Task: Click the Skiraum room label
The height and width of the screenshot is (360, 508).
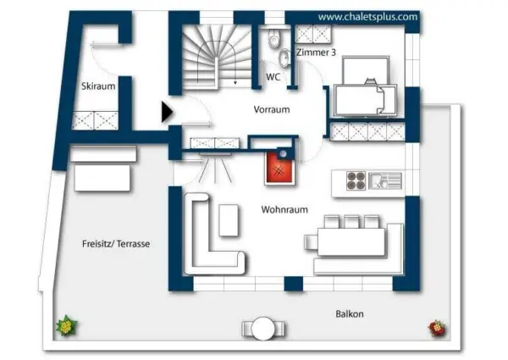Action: click(x=98, y=86)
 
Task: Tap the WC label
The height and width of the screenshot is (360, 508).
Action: click(x=273, y=77)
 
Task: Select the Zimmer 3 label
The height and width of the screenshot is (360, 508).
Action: click(x=316, y=53)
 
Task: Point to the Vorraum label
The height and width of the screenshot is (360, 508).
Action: click(x=272, y=109)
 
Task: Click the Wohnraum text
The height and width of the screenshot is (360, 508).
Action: click(x=284, y=210)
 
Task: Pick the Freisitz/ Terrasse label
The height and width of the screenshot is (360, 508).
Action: click(x=116, y=244)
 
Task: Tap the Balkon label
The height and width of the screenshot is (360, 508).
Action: click(x=349, y=314)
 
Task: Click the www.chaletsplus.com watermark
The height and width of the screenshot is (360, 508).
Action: click(x=367, y=17)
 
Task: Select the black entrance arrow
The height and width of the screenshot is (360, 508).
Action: click(x=167, y=112)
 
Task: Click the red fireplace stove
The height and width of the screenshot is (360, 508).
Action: click(x=279, y=169)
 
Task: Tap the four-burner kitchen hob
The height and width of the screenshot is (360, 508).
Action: click(x=356, y=180)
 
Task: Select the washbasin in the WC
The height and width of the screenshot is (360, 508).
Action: click(x=284, y=58)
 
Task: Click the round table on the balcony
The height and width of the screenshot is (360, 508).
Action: click(x=264, y=329)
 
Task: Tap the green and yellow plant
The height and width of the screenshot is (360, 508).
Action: click(x=67, y=325)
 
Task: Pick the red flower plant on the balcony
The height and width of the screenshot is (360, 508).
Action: click(x=437, y=329)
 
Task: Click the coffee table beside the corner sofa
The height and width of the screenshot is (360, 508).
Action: click(x=229, y=220)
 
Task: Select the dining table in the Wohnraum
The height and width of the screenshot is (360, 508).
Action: click(x=351, y=241)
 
